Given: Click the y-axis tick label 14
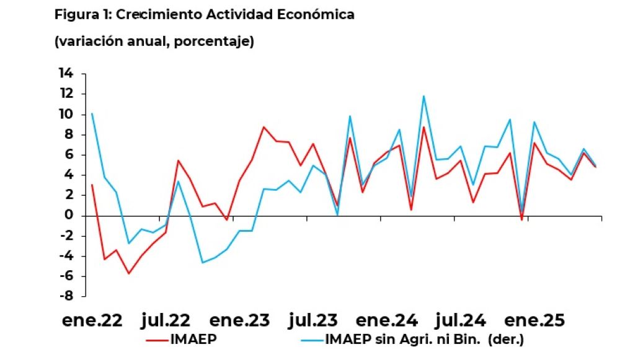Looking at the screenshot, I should click(x=66, y=74).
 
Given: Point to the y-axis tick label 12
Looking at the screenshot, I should click(x=66, y=94).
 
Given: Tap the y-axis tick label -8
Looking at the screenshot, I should click(x=66, y=296).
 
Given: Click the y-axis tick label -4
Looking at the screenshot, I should click(x=66, y=256).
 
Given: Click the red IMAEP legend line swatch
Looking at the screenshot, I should click(x=157, y=340).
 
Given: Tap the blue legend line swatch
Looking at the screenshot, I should click(x=311, y=340).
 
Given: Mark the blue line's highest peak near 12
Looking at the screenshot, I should click(x=424, y=96).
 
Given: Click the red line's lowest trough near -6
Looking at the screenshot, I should click(x=129, y=273).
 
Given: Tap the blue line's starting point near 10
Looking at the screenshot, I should click(x=92, y=113).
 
